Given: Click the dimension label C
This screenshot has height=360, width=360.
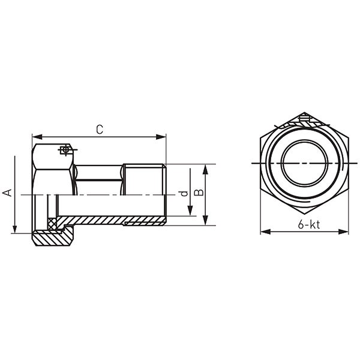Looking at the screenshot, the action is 100,130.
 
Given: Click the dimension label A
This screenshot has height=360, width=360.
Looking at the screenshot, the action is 7,193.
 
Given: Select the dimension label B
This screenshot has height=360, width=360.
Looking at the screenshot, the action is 199,193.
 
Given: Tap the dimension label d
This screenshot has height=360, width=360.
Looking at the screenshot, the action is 184,194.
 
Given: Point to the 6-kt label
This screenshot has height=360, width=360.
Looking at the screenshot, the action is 309,224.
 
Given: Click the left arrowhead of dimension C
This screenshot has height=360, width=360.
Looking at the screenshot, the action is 37,137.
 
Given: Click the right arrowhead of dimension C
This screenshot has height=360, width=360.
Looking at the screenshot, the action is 161,137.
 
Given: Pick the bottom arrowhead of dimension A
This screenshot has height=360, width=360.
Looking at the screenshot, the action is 14,229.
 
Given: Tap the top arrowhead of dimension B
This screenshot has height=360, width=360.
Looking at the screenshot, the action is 205,169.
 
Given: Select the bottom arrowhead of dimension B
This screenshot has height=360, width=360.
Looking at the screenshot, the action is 205,221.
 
